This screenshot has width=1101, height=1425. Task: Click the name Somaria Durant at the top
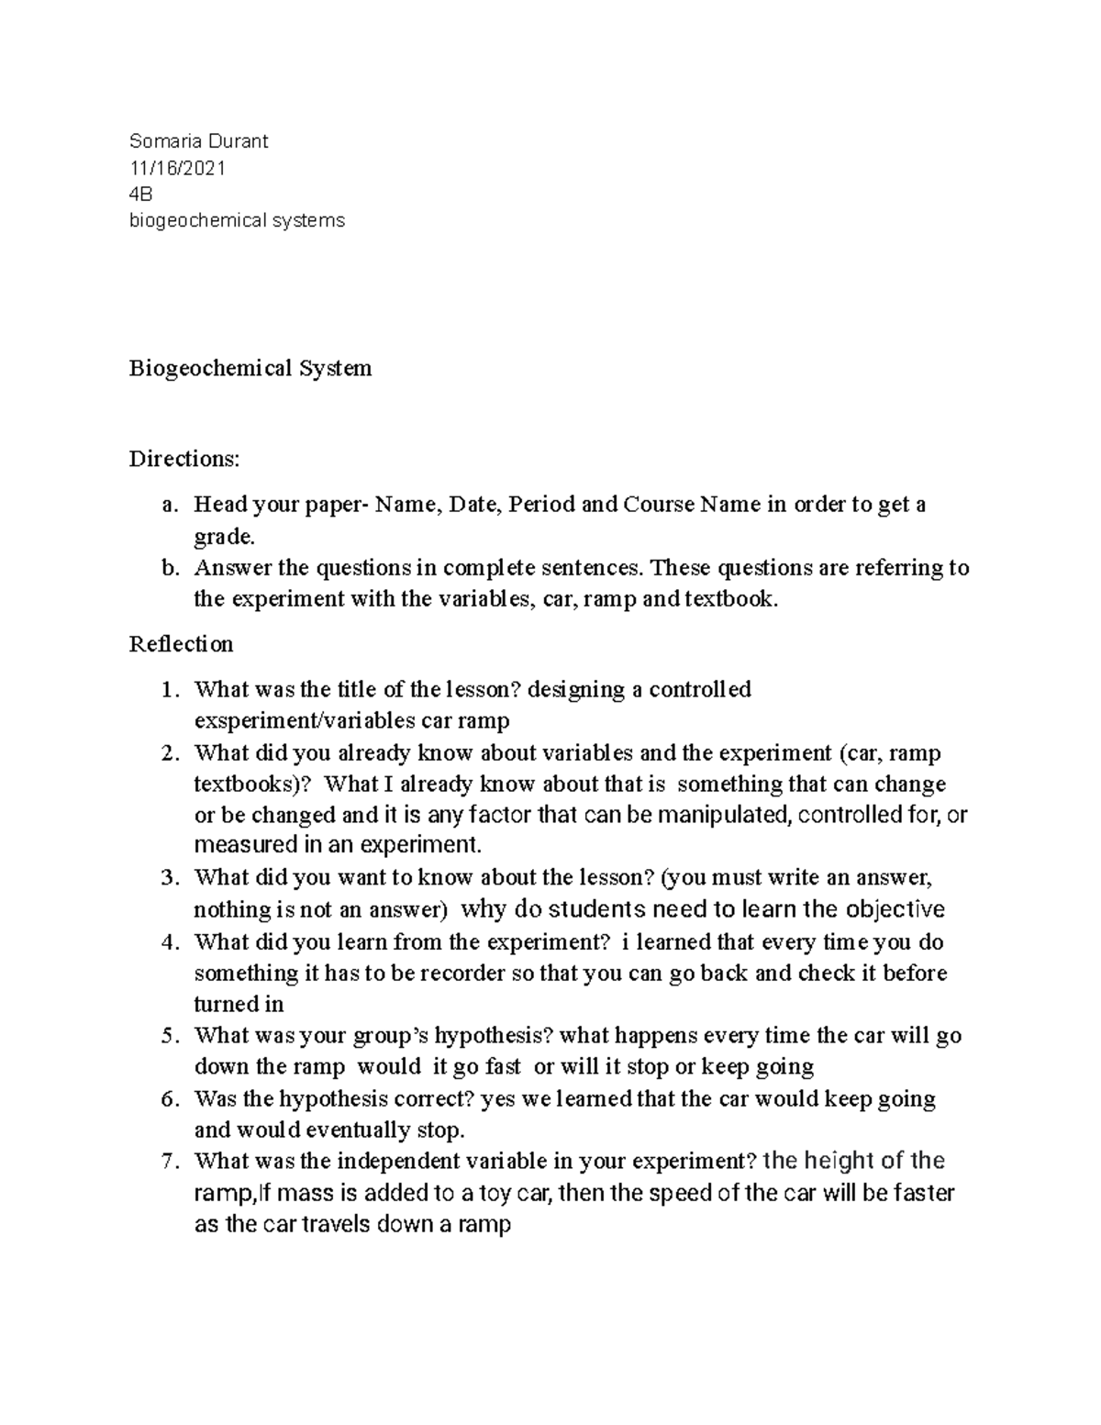point(198,140)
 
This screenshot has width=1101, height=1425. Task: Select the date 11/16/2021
point(177,167)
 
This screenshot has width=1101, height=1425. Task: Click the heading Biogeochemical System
point(250,368)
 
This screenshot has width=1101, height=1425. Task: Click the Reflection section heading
point(181,644)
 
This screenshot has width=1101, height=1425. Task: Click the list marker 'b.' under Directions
point(167,568)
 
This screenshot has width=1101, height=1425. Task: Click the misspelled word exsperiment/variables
point(305,720)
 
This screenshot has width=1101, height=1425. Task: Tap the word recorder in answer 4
point(462,973)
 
